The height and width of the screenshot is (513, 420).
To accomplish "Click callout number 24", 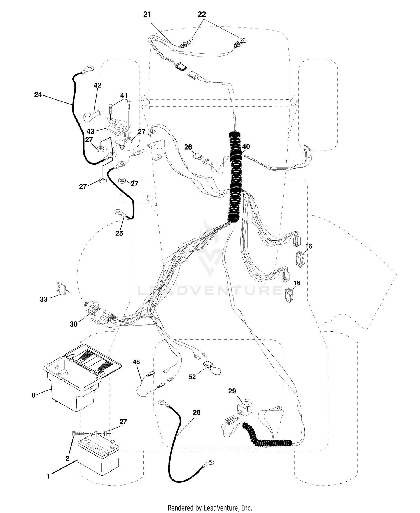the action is click(38, 95).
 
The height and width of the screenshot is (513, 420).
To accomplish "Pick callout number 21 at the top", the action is click(147, 15).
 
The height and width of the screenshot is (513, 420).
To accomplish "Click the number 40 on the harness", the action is click(246, 146).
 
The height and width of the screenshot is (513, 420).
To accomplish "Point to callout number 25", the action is click(119, 233).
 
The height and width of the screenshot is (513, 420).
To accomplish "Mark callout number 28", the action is click(197, 412).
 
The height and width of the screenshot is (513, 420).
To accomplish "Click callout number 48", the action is click(136, 362).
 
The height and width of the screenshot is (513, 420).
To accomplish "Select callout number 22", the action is click(202, 15).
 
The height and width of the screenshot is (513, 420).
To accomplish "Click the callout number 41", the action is click(124, 95).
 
